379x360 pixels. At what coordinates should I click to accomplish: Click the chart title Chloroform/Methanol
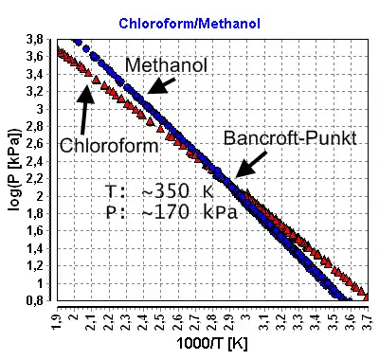click(189, 24)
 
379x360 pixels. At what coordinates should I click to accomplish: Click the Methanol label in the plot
click(166, 65)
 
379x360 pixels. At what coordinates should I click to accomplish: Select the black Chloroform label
click(109, 146)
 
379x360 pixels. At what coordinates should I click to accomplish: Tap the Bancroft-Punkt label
click(290, 138)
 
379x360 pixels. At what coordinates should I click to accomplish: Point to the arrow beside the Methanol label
click(162, 86)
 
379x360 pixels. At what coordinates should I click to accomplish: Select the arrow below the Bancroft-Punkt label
click(251, 164)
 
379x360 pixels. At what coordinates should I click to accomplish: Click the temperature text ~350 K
click(159, 191)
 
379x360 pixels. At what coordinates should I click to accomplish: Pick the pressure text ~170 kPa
click(171, 212)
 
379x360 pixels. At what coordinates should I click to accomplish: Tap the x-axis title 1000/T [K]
click(212, 344)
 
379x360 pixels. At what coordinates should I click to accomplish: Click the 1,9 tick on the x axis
click(57, 321)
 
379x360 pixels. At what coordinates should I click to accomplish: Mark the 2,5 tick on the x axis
click(161, 321)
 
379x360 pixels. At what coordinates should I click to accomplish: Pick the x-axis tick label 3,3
click(299, 321)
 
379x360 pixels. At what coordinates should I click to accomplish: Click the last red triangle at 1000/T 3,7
click(367, 297)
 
